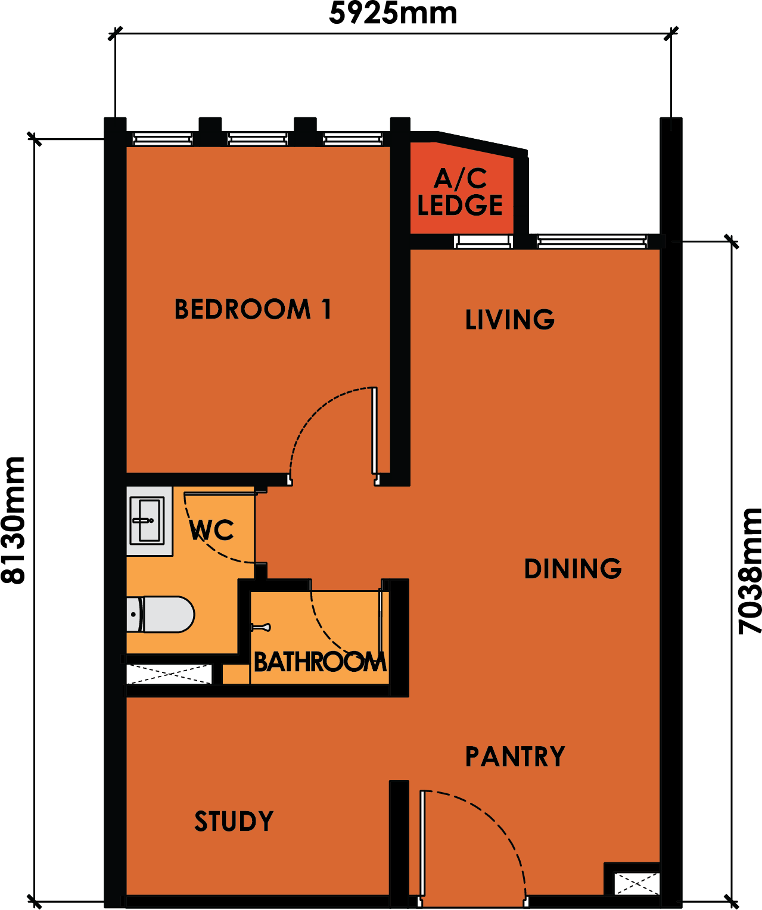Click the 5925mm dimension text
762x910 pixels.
click(x=393, y=13)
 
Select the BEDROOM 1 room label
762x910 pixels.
click(x=253, y=309)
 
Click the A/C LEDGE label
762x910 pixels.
click(x=460, y=192)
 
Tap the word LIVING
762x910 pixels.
click(x=509, y=319)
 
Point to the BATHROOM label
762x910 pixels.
click(x=319, y=662)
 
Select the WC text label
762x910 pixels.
click(x=212, y=531)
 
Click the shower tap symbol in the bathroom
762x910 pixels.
click(x=260, y=628)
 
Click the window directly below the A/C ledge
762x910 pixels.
click(x=483, y=241)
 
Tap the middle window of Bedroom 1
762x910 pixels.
click(x=257, y=139)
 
